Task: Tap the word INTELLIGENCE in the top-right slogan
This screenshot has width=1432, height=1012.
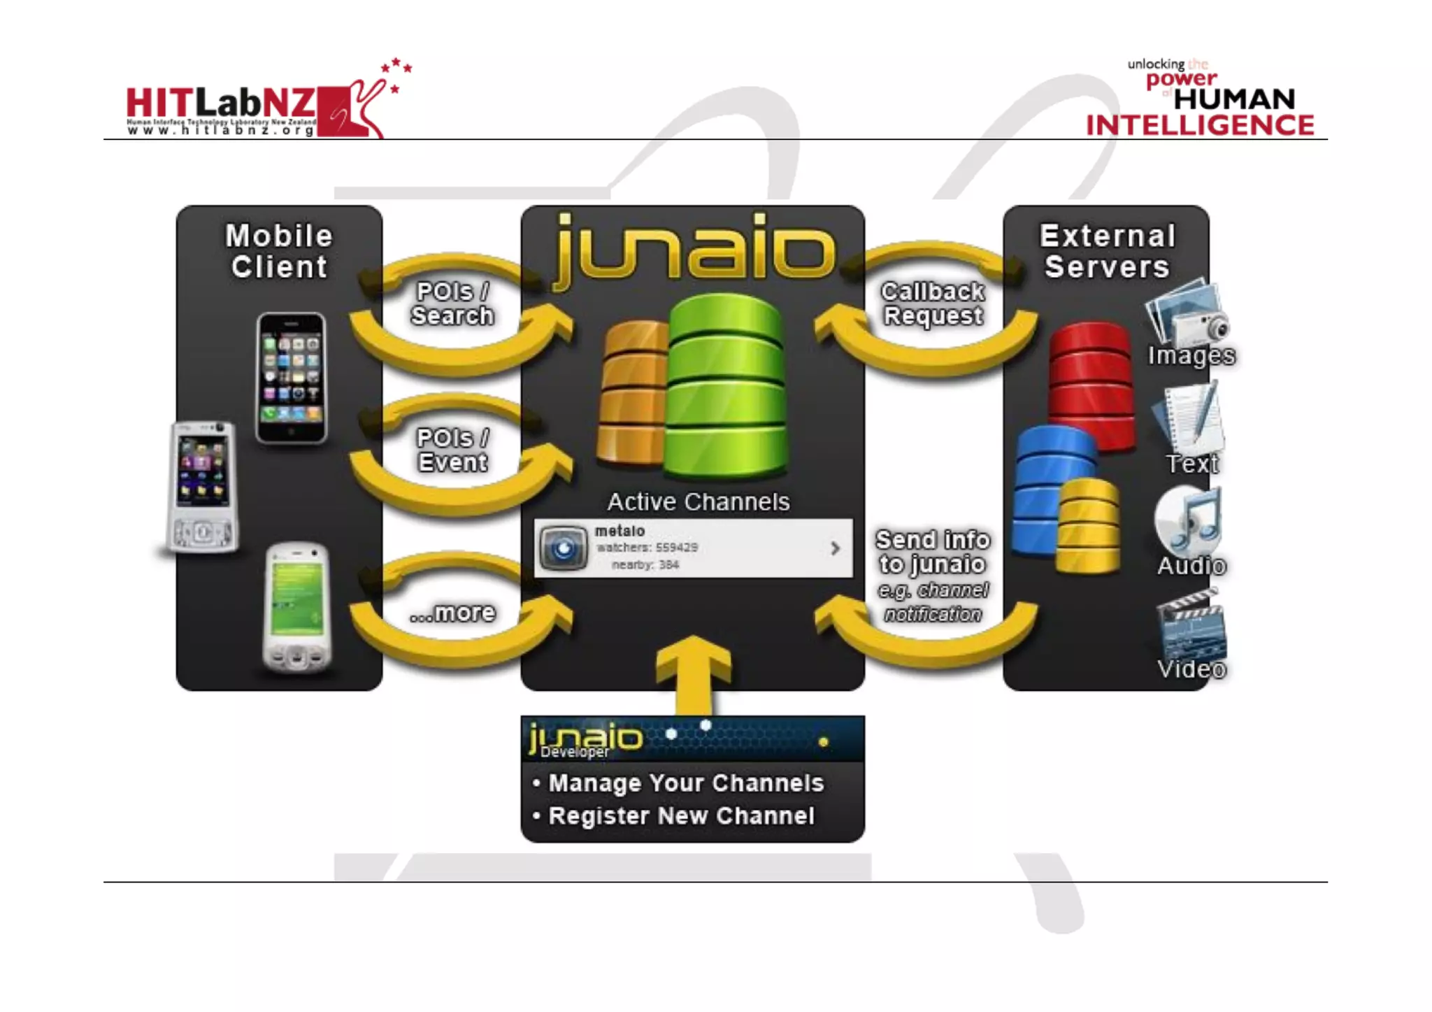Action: (x=1199, y=126)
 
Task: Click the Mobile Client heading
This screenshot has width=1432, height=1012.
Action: (x=279, y=251)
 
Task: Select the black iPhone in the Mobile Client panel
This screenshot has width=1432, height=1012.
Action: (x=291, y=378)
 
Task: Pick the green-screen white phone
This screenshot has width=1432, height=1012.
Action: (x=297, y=606)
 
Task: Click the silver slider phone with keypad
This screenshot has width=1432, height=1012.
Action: (x=202, y=487)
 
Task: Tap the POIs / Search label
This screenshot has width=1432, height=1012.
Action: (x=452, y=304)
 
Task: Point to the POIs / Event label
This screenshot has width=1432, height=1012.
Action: (x=452, y=450)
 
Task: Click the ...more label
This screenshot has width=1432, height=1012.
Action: (x=452, y=613)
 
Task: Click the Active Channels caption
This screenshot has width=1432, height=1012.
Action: (x=698, y=501)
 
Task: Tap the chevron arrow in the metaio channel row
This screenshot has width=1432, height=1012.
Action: (x=835, y=548)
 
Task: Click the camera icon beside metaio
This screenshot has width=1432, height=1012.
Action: (x=564, y=548)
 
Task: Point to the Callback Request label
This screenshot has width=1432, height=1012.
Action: (x=933, y=304)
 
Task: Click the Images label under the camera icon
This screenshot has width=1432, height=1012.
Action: (x=1191, y=355)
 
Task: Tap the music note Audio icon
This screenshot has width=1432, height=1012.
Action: (x=1189, y=521)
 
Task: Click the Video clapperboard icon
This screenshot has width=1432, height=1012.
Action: (x=1191, y=624)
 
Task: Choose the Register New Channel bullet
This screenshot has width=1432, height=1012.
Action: (x=681, y=815)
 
